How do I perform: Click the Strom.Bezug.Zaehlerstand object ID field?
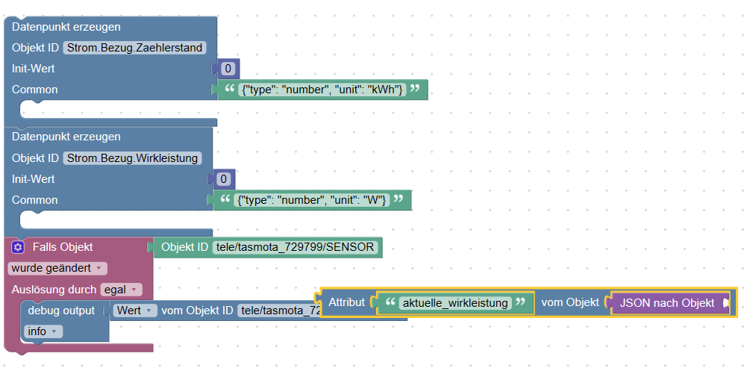pos(134,48)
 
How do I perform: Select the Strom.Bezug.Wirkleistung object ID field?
pos(132,158)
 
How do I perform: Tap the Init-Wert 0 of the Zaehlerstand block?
pos(229,69)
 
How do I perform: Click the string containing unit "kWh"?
pos(322,90)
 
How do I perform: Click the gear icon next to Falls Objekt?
pos(19,247)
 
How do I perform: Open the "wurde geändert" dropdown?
pos(57,268)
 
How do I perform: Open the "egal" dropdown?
pos(120,289)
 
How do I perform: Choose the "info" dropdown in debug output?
pos(43,331)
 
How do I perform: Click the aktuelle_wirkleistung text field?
pos(455,302)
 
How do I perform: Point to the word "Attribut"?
pos(347,302)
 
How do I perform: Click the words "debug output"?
pos(61,310)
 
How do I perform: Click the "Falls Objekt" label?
pos(63,247)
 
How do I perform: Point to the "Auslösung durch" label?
pos(54,289)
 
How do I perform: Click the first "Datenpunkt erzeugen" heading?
pos(66,27)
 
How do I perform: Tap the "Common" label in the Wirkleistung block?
pos(35,200)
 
